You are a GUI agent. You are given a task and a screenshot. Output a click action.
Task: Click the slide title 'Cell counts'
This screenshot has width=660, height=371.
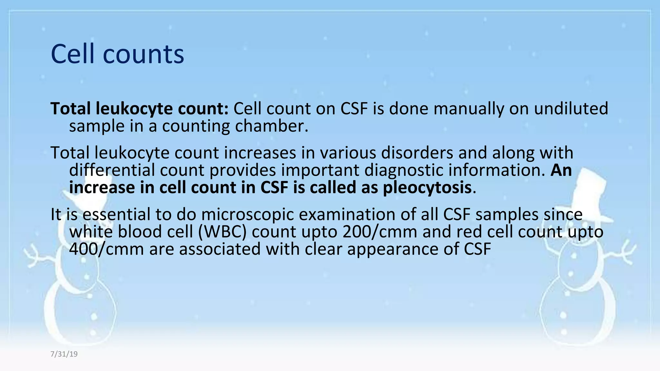click(x=117, y=54)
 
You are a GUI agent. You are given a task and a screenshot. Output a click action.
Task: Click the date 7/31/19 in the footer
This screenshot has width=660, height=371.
click(x=64, y=354)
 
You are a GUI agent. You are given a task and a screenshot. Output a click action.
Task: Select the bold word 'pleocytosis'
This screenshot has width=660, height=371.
click(x=427, y=188)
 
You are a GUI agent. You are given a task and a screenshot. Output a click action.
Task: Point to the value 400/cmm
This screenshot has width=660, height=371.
click(x=106, y=249)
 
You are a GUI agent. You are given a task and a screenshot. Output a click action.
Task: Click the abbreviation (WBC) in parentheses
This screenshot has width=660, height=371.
click(x=222, y=232)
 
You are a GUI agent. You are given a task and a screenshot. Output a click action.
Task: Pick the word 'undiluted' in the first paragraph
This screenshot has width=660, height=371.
click(x=571, y=109)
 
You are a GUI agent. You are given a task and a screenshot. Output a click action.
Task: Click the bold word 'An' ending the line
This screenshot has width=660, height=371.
click(x=561, y=170)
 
